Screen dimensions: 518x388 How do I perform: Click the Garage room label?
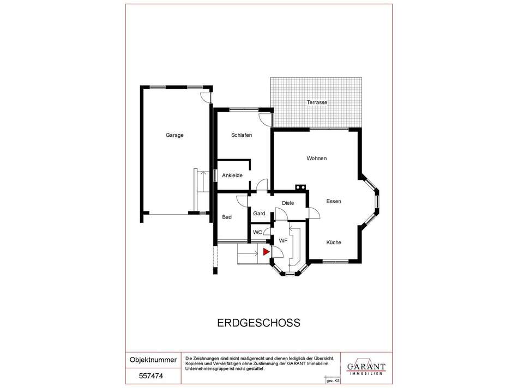(174, 135)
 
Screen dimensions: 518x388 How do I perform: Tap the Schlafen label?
(242, 135)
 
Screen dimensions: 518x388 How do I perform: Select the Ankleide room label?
(232, 175)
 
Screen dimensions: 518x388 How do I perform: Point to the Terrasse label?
(317, 102)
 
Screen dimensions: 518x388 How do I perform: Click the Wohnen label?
(316, 159)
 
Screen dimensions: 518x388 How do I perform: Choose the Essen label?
(334, 202)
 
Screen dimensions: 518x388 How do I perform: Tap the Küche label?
(334, 242)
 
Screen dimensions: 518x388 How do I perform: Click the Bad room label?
(227, 217)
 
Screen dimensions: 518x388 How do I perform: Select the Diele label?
(288, 203)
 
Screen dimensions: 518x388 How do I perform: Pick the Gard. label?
(260, 214)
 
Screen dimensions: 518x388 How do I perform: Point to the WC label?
(257, 233)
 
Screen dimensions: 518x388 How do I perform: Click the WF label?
(283, 241)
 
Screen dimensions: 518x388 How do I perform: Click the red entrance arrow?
(266, 252)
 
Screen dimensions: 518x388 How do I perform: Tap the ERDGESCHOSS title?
(258, 323)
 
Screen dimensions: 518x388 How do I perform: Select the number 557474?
(151, 376)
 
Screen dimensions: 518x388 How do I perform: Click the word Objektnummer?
(153, 360)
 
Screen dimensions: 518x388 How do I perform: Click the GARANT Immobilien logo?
(366, 367)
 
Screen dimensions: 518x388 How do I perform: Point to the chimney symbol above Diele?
(300, 187)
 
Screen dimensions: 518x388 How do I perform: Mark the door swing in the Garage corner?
(205, 97)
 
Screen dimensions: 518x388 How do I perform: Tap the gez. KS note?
(333, 381)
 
